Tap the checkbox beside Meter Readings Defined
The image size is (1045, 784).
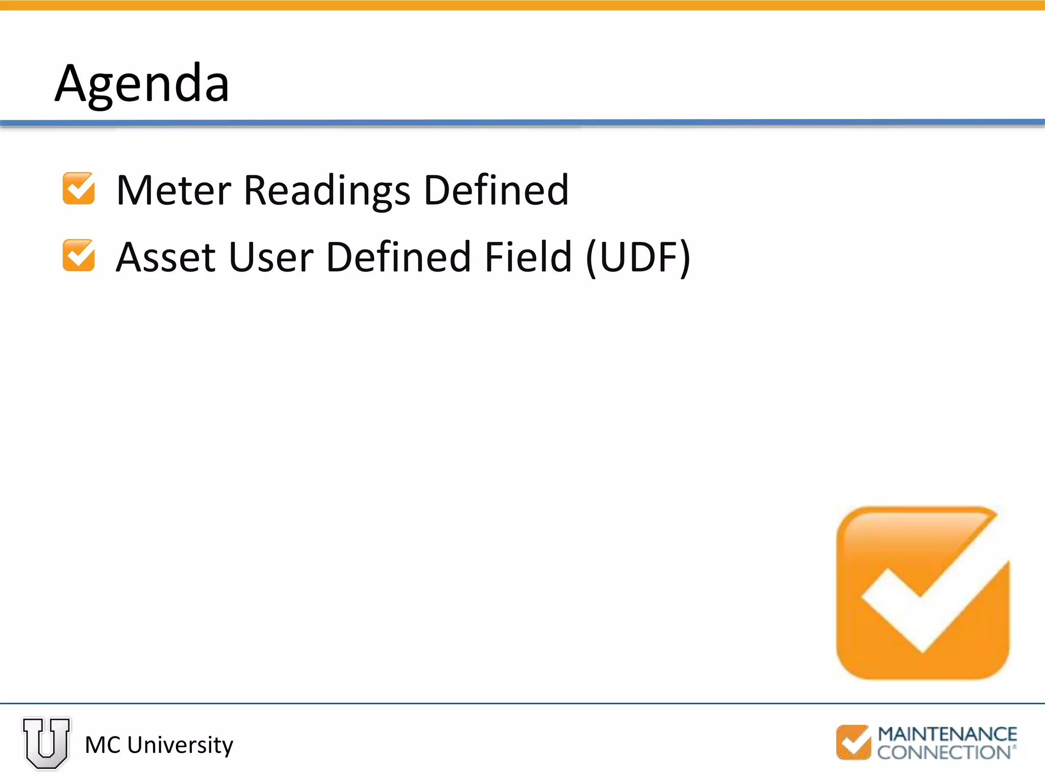79,189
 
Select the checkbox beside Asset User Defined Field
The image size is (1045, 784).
79,255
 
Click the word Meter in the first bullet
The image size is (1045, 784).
173,190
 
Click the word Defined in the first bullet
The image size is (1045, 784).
496,190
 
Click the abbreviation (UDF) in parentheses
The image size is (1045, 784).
638,258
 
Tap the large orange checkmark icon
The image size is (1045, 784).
923,593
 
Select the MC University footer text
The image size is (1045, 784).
159,745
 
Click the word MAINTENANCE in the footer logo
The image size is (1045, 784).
947,734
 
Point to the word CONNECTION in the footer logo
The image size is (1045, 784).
944,752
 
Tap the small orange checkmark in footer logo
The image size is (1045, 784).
853,743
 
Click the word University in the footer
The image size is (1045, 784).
180,745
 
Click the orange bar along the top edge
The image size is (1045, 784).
522,5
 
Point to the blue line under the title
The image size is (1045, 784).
522,122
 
